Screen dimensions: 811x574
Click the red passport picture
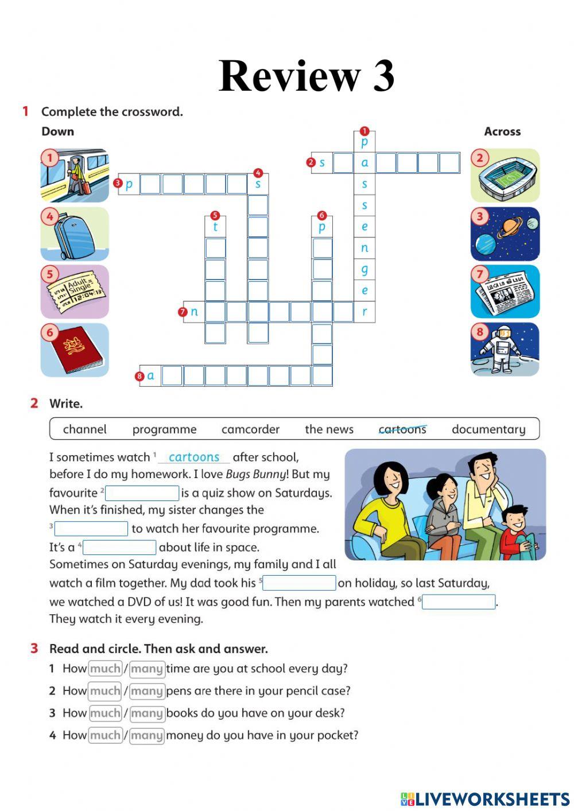tap(75, 350)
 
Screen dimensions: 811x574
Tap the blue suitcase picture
tap(75, 234)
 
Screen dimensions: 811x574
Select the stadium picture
tap(505, 176)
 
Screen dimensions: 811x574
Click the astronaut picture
tap(505, 350)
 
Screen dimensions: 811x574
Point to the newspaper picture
tap(505, 292)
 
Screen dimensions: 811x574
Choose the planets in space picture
tap(505, 234)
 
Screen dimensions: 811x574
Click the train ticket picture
tap(75, 292)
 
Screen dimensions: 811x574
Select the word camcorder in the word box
tap(250, 429)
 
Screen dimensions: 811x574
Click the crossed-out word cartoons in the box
tap(402, 429)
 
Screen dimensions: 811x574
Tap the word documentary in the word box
tap(488, 429)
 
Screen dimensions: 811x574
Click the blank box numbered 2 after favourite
tap(142, 493)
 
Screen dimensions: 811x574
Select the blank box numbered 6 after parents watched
tap(458, 602)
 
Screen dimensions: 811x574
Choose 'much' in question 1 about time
tap(105, 669)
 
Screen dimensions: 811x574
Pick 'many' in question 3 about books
tap(147, 713)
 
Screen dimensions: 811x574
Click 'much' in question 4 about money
tap(105, 735)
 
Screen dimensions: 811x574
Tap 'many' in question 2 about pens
tap(147, 691)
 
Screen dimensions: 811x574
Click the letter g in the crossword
tap(364, 269)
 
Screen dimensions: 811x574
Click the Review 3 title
tap(307, 75)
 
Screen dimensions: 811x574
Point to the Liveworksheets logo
tap(484, 798)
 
